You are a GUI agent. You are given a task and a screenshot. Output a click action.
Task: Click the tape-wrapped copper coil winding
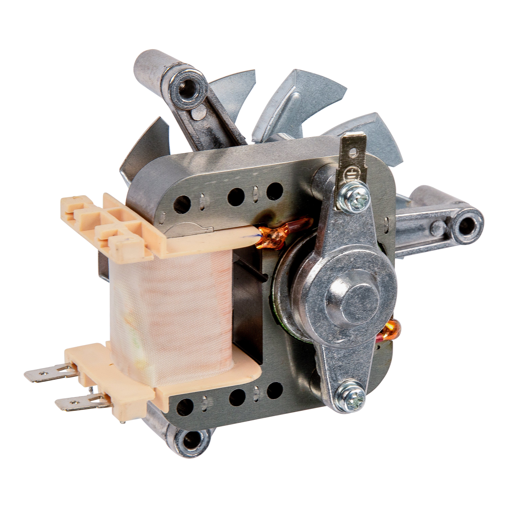coord(171,310)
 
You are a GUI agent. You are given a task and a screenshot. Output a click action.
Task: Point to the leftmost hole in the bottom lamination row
coord(186,406)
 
